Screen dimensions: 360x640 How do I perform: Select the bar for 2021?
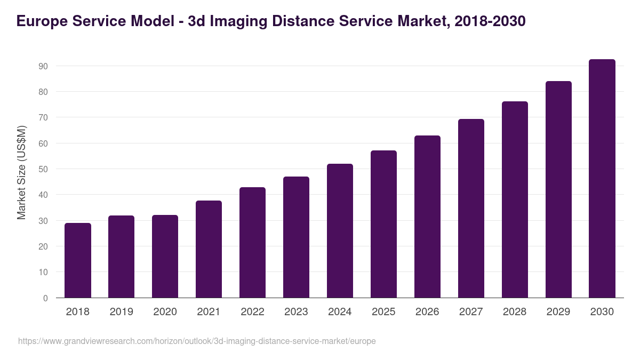[209, 249]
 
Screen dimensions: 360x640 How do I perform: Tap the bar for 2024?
[340, 230]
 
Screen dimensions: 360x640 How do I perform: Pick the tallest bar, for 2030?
[602, 179]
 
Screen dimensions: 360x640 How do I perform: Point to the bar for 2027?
[471, 209]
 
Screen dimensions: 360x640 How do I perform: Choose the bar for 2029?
[558, 189]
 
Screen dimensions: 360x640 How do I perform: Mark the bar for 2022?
[252, 243]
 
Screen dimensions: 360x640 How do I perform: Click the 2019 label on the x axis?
[121, 312]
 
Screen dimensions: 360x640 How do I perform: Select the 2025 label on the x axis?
[383, 312]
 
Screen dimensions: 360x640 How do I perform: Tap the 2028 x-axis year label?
[515, 312]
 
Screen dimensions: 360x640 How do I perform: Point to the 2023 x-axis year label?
[296, 312]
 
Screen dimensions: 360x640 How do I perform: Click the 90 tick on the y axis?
[43, 66]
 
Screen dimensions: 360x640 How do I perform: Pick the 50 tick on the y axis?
[43, 169]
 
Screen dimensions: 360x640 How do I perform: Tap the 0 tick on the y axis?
[45, 298]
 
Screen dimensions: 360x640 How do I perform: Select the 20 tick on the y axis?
[43, 246]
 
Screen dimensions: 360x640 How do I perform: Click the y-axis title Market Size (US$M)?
[21, 172]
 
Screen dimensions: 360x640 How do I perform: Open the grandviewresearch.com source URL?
[197, 341]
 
